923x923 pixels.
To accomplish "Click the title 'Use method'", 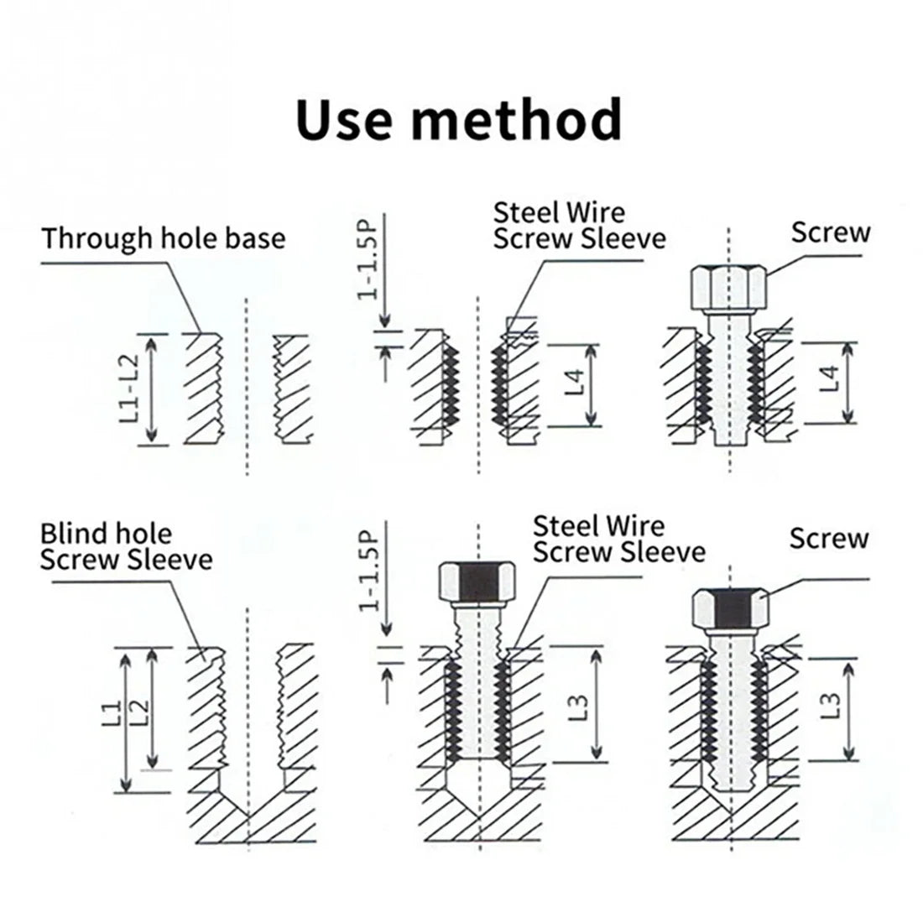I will click(x=460, y=118).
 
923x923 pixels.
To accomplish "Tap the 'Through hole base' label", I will click(x=164, y=238).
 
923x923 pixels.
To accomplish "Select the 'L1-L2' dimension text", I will click(x=129, y=388).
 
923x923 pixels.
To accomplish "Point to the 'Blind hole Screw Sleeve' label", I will click(x=126, y=546).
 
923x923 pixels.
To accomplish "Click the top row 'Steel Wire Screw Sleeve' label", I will click(x=579, y=225).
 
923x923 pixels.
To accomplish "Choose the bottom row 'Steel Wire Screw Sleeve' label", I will click(x=618, y=540).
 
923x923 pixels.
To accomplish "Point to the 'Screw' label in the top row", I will click(x=830, y=232).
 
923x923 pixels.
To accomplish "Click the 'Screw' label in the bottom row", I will click(x=828, y=539).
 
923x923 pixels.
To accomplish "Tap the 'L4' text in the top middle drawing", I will click(x=575, y=383).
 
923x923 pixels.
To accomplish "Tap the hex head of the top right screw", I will click(x=727, y=288).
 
